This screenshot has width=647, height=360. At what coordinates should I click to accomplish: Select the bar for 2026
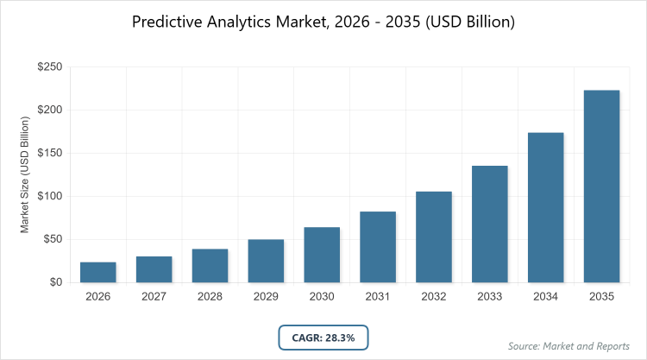[x=98, y=272]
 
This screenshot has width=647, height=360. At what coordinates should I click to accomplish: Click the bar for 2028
[x=210, y=266]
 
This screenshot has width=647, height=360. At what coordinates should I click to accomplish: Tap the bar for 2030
[x=322, y=255]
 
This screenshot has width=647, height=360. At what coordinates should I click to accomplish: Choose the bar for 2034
[x=546, y=207]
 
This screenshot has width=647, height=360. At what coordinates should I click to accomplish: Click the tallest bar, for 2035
[x=602, y=186]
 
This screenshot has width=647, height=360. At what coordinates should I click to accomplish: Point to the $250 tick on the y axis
[x=48, y=67]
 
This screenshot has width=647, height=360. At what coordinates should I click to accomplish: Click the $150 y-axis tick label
[x=48, y=154]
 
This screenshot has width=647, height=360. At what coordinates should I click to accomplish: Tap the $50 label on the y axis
[x=51, y=239]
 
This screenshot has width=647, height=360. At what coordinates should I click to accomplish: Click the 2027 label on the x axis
[x=154, y=297]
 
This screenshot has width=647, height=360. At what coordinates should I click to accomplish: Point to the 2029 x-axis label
[x=266, y=297]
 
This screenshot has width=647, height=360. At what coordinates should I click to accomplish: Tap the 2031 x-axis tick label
[x=378, y=297]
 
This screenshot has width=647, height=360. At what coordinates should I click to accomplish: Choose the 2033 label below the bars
[x=490, y=297]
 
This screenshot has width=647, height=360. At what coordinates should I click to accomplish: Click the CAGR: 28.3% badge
[x=323, y=338]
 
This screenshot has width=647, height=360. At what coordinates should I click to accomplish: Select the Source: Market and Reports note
[x=570, y=346]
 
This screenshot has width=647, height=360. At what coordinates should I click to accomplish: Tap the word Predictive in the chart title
[x=167, y=22]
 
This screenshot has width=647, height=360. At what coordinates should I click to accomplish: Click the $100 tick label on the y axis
[x=48, y=197]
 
